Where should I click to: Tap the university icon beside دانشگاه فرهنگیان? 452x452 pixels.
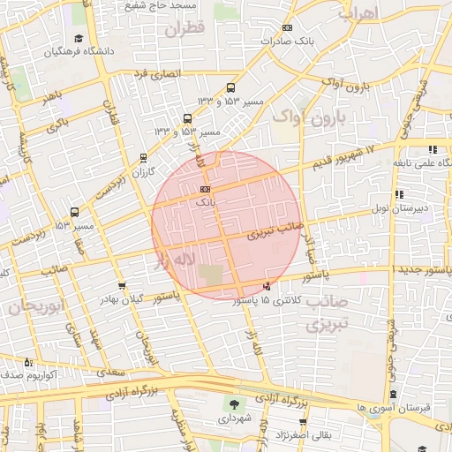(79, 39)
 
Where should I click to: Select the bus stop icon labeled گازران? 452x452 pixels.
(143, 158)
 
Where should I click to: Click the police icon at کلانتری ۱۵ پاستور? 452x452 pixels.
(267, 287)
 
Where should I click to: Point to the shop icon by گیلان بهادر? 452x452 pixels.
(121, 286)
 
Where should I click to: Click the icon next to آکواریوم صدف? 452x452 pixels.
(28, 362)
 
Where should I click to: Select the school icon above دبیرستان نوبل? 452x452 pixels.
(400, 194)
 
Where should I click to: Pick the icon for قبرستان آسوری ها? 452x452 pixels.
(393, 395)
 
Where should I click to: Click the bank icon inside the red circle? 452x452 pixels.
(205, 189)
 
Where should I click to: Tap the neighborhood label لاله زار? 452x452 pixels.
(173, 260)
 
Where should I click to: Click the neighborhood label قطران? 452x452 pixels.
(184, 29)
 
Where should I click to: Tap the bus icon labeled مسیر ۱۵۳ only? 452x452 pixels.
(74, 212)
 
